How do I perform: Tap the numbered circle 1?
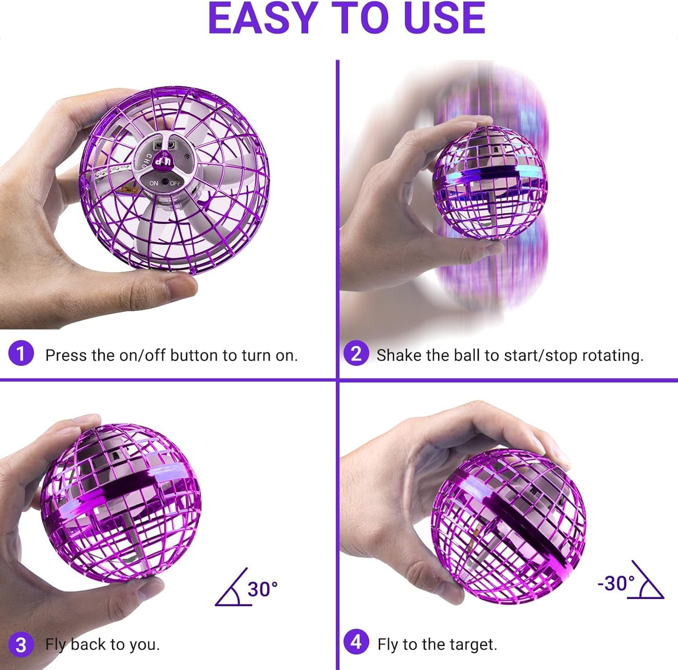tap(21, 354)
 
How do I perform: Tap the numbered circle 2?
tap(356, 354)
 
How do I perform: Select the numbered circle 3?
tap(21, 644)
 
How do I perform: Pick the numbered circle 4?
tap(356, 642)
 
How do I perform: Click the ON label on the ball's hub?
tap(154, 183)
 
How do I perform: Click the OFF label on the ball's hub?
tap(175, 184)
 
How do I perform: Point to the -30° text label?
tap(616, 583)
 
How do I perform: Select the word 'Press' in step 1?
tap(66, 355)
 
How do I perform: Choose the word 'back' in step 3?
tap(89, 644)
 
